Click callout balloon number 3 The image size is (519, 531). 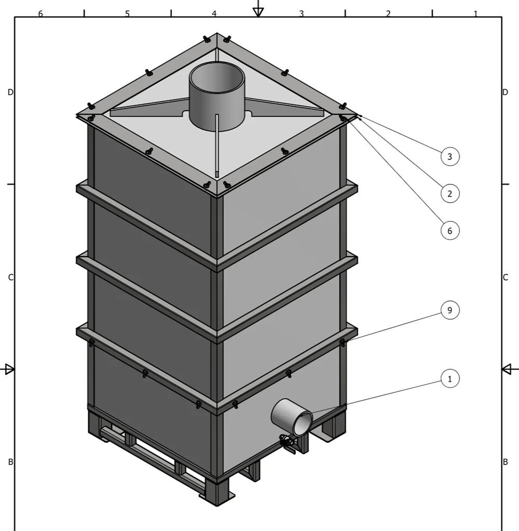coord(450,156)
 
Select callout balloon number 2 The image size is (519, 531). coord(450,194)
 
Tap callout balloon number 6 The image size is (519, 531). coord(450,231)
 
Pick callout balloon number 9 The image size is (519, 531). coord(450,310)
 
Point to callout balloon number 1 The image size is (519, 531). coord(450,379)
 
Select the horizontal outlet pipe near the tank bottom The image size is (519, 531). coord(292,417)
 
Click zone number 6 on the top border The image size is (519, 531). coord(40,14)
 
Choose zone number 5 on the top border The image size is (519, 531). coord(127,14)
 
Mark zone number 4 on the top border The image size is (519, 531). coord(214,14)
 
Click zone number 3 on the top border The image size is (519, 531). coord(302,14)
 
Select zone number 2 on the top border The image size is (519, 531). coord(388,14)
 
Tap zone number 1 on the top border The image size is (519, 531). coord(475,14)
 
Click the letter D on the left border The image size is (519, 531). coord(10,92)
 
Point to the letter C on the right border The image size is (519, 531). coord(506,277)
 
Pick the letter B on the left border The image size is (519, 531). coord(10,462)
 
